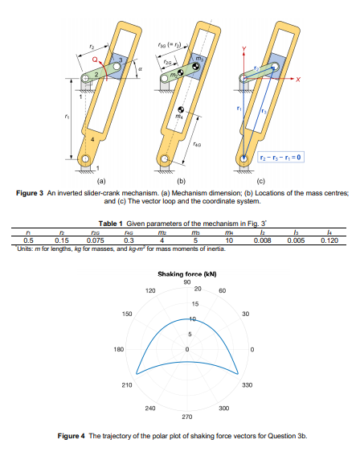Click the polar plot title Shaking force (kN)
(186, 274)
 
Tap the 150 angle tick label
(125, 314)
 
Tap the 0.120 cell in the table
(328, 239)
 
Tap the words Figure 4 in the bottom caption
(77, 436)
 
